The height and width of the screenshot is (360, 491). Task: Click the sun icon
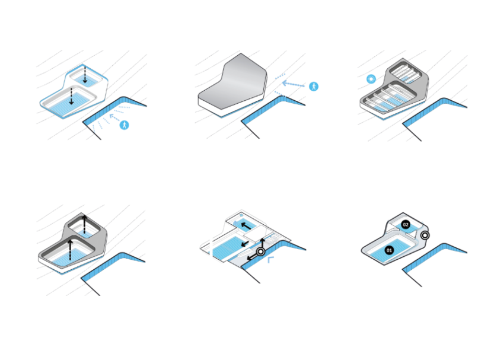[371, 79]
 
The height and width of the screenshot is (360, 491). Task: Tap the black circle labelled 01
[389, 250]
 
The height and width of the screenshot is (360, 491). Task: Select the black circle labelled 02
[406, 225]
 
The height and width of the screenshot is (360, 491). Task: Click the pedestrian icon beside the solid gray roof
[314, 86]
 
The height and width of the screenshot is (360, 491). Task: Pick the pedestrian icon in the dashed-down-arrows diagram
[125, 125]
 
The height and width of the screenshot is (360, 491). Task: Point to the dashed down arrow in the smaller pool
[85, 75]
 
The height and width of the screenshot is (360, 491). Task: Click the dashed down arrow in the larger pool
[71, 96]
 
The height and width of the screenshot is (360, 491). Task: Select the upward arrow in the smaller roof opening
[84, 224]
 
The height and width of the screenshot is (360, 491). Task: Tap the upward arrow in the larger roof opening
[71, 250]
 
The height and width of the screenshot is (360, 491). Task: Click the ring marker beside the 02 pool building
[425, 235]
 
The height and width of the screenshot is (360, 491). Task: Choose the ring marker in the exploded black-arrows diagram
[260, 251]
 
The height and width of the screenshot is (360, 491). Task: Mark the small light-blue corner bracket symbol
[271, 259]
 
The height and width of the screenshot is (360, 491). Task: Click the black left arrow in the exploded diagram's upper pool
[246, 225]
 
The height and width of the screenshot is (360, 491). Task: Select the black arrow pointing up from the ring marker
[263, 243]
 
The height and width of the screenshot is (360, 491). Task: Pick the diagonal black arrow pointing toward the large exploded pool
[244, 243]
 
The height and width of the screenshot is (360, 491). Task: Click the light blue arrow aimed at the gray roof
[293, 84]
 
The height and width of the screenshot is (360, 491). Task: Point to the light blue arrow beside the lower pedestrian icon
[114, 118]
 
